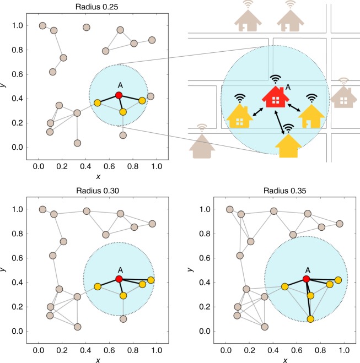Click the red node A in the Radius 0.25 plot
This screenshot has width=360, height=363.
[x=119, y=95]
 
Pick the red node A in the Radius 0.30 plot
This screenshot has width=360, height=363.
[x=119, y=279]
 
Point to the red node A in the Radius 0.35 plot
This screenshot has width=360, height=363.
[x=307, y=279]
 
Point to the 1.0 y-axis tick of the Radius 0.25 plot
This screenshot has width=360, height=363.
[x=20, y=26]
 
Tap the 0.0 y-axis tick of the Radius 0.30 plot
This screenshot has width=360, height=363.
[x=20, y=331]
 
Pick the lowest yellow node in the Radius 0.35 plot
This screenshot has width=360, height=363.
[x=311, y=319]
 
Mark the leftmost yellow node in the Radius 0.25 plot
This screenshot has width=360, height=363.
[x=97, y=103]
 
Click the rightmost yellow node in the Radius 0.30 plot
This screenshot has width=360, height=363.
[x=151, y=280]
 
